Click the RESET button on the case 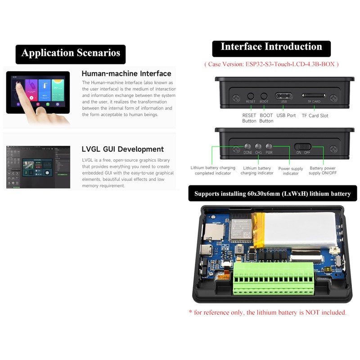click(x=251, y=96)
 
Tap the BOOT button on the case click(x=264, y=96)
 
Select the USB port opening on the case click(x=284, y=96)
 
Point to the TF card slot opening click(x=314, y=96)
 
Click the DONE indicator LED click(x=247, y=147)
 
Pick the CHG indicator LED click(x=258, y=147)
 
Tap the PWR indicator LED click(x=269, y=147)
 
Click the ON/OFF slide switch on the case click(x=303, y=147)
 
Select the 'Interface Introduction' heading click(x=271, y=47)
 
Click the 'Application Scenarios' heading click(x=71, y=53)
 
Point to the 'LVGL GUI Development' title click(x=122, y=149)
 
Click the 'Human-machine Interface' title click(x=126, y=73)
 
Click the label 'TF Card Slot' click(x=315, y=116)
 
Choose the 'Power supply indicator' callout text click(x=290, y=171)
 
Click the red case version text click(x=271, y=64)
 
